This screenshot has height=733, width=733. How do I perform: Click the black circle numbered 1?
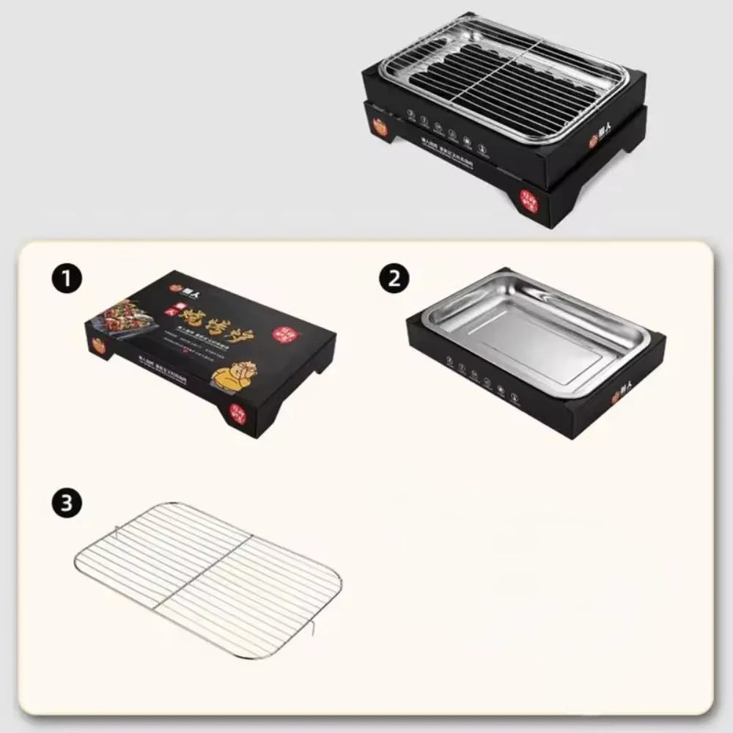[67, 279]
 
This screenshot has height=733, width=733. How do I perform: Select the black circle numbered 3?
[67, 504]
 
